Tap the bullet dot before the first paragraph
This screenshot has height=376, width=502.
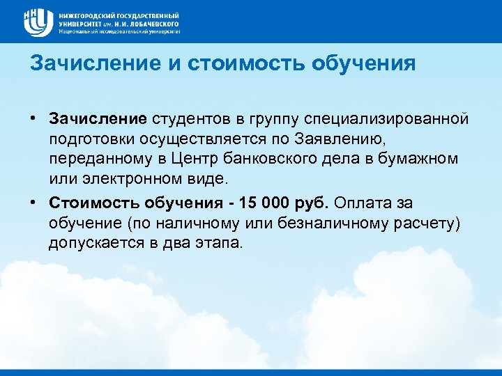pos(33,118)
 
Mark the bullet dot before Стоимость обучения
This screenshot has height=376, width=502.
pos(33,202)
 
